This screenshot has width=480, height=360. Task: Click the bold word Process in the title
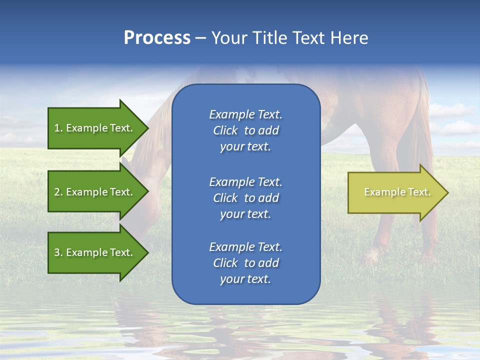157,38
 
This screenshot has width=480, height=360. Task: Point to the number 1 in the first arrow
57,128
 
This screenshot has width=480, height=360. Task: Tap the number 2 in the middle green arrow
57,192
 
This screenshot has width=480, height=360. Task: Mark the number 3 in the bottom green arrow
57,252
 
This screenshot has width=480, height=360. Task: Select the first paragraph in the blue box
245,130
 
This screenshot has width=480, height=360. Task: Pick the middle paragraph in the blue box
245,198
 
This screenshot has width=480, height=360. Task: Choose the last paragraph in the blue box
245,263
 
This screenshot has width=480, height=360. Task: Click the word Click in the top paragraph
225,130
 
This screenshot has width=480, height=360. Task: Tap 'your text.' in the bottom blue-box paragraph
245,279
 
